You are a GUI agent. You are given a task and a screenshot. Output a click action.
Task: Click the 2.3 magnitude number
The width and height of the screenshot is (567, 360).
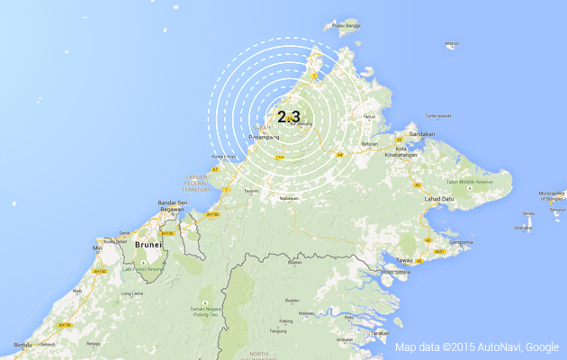point(289,116)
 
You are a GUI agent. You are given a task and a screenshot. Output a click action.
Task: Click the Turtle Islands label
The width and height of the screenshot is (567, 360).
point(438,116)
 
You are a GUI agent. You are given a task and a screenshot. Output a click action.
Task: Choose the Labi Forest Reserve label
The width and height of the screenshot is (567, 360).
point(144,268)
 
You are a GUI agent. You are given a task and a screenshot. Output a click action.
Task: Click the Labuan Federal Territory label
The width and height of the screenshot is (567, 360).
point(196,183)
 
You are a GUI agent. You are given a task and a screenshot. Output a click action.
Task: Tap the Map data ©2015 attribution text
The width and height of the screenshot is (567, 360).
point(476,346)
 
